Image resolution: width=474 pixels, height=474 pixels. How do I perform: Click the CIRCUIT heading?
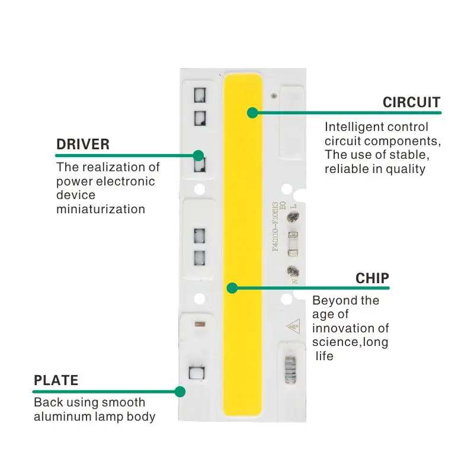coord(411,103)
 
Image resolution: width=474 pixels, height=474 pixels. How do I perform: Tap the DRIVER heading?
coord(83,145)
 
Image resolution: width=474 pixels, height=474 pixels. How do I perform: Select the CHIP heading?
coord(372,278)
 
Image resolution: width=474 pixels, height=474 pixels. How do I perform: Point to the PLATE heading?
coord(56,380)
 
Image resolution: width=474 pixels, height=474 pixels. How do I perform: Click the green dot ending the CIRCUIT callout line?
coord(253,112)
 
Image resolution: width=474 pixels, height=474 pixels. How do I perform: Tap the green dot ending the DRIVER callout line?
coord(198,155)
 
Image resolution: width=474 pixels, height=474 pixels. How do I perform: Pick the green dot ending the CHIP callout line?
coord(232,288)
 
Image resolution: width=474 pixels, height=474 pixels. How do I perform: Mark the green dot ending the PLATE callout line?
coord(180,391)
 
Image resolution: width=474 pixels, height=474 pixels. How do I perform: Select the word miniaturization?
coord(101,209)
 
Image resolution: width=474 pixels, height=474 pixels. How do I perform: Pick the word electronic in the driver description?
coord(128,181)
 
